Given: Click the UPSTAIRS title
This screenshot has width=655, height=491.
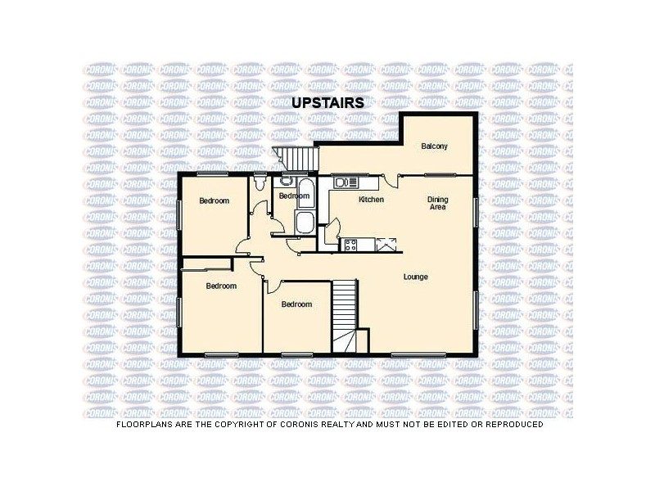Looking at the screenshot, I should tap(327, 103).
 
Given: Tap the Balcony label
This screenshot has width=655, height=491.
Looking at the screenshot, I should tap(434, 146).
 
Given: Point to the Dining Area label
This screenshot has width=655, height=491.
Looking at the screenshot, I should tap(438, 203).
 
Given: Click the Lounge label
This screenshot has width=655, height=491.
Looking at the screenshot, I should tap(415, 277).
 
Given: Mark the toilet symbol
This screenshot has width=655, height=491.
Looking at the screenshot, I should tap(259, 182).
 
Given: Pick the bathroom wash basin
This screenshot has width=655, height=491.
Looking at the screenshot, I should tap(286, 182).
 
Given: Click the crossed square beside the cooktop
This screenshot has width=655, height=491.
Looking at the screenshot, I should tap(384, 243).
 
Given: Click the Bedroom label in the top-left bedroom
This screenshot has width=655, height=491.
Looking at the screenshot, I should tap(215, 200).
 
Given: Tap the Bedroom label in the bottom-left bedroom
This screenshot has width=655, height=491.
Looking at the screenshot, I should tap(221, 286).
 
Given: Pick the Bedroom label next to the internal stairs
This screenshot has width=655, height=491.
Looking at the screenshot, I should tap(296, 304).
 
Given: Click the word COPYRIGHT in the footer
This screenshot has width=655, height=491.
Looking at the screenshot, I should tap(246, 425).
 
